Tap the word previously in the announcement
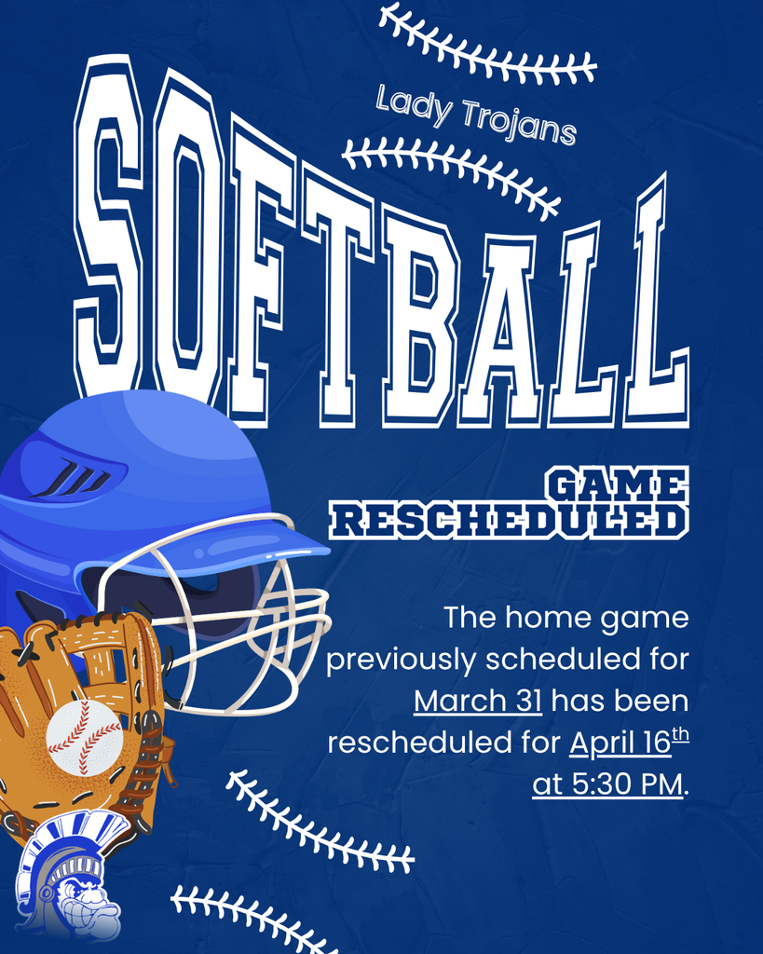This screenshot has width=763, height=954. tap(401, 660)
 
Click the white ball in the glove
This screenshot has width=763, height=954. tap(84, 737)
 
